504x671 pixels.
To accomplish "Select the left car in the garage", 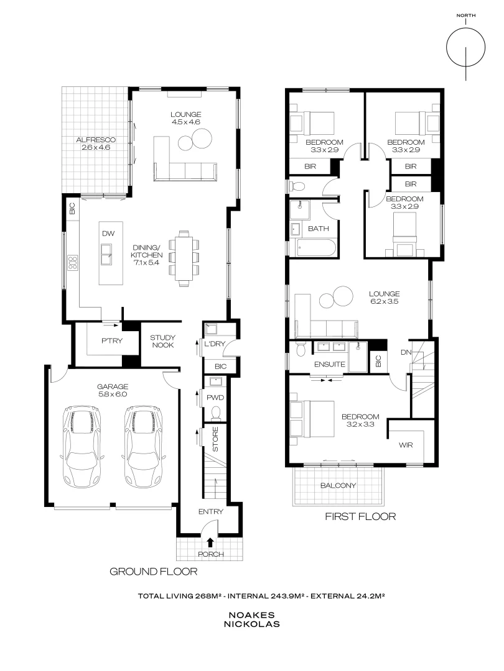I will pos(82,447).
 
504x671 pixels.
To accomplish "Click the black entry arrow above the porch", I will pos(210,542).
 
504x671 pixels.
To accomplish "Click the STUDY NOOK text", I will pos(162,342).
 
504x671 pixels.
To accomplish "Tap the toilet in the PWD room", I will pos(216,413).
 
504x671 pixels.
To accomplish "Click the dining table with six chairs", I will pos(184,257).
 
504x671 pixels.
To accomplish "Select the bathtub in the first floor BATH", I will pos(315,249).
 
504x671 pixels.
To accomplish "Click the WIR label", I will pos(404,445).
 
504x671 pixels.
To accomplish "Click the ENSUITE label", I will pos(330,364).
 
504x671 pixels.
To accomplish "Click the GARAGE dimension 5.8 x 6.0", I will pos(112,394).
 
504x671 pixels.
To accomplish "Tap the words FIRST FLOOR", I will pos(360,516).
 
